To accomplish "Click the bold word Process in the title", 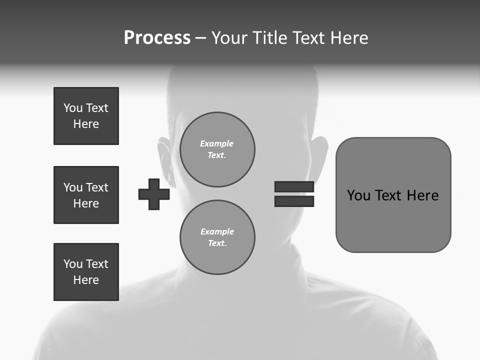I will [157, 38].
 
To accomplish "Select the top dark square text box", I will [86, 116].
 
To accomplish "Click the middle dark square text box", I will [86, 195].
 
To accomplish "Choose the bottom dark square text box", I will [86, 272].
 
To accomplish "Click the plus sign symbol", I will [154, 194].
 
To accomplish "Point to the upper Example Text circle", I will [217, 149].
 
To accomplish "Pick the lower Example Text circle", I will [217, 237].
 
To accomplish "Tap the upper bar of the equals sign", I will [294, 186].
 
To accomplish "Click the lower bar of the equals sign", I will [294, 201].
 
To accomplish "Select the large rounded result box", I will [393, 195].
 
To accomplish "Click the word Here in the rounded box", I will [422, 195].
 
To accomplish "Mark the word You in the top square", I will [72, 108].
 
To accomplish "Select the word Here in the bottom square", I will [86, 280].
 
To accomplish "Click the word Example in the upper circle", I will [216, 143].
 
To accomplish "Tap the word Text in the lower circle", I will [216, 243].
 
